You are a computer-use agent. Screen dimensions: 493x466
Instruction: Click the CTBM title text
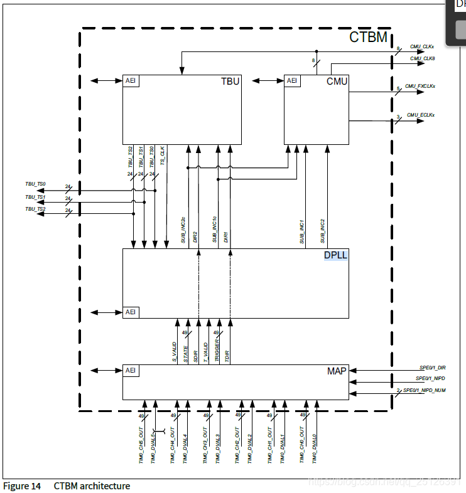(368, 38)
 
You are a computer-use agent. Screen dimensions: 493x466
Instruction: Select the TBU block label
(230, 82)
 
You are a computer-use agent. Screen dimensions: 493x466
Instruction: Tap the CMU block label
(337, 82)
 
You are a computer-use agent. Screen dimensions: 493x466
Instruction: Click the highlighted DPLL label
(335, 255)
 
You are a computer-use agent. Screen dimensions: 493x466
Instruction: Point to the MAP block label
(337, 371)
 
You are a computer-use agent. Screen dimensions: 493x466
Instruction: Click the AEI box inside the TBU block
(131, 81)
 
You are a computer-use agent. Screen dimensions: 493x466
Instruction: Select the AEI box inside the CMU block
(292, 81)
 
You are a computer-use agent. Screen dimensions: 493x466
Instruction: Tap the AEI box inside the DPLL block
(131, 312)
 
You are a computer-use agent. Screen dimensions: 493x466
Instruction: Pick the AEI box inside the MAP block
(131, 371)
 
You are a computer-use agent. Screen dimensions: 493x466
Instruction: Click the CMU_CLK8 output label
(423, 58)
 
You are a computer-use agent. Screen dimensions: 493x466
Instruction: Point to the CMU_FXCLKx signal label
(420, 86)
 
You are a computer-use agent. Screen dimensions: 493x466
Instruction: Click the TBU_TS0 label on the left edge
(35, 184)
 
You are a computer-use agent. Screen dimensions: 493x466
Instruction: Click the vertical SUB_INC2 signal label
(323, 231)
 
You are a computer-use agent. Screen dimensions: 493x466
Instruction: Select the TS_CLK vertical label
(162, 155)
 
